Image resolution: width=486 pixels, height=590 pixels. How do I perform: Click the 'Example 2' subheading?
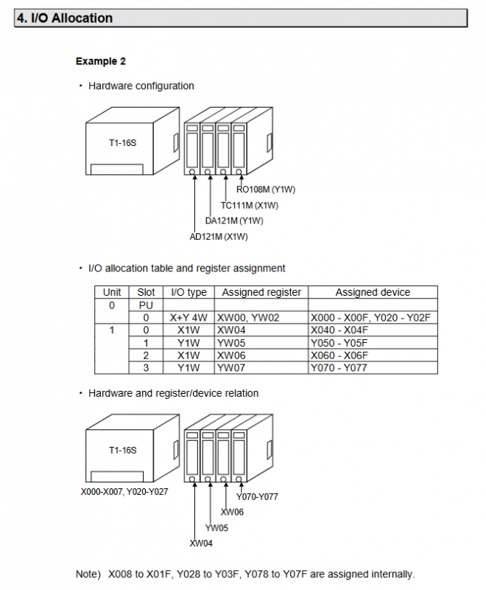[100, 61]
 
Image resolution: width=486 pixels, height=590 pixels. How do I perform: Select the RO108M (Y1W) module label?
[266, 190]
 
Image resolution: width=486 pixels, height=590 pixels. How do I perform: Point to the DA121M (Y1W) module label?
[234, 221]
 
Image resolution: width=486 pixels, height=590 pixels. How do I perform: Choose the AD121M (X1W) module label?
[219, 236]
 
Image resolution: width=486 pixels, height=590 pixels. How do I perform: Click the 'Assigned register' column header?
[261, 292]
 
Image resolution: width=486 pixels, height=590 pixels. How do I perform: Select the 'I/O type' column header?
[189, 292]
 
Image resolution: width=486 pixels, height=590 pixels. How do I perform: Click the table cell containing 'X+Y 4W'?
[189, 317]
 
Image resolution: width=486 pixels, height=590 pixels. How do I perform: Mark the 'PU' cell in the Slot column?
[146, 305]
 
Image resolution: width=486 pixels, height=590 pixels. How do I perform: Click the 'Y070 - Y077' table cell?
[339, 367]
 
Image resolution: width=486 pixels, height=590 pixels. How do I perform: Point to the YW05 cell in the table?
[230, 342]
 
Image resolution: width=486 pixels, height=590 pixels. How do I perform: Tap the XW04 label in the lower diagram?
[201, 544]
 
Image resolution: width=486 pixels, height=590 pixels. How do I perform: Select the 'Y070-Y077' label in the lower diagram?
[257, 496]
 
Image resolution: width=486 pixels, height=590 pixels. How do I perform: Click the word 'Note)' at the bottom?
[89, 574]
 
